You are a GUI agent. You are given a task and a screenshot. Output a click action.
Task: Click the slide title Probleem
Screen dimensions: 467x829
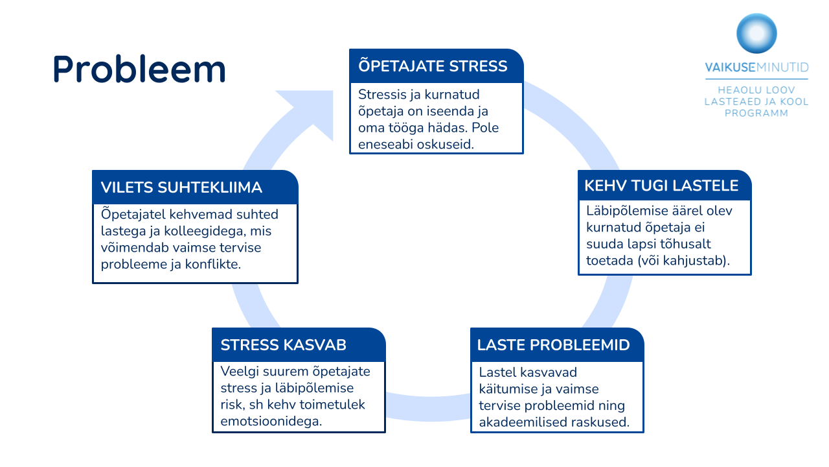[139, 69]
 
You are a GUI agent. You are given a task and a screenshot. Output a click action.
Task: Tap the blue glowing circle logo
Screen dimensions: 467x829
[756, 34]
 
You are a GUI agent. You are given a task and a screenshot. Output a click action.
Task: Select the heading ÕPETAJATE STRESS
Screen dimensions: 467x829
[433, 66]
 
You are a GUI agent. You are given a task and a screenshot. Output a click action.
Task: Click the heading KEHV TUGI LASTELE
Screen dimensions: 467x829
[661, 186]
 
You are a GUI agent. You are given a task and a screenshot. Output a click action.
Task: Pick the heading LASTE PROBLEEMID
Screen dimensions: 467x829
[553, 344]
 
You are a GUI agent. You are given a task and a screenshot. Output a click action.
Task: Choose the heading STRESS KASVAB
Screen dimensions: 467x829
[283, 344]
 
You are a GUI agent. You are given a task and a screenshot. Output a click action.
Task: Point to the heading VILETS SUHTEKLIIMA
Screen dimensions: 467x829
[181, 187]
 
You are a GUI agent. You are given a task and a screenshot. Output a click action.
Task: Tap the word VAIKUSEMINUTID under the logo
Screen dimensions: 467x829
[756, 68]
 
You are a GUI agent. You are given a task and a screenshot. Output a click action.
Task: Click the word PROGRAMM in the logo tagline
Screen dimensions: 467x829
[756, 113]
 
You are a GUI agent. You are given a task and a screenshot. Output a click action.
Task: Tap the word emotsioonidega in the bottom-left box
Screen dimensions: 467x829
[271, 421]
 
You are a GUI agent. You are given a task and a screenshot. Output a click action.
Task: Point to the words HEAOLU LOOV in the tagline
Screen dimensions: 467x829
[756, 90]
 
